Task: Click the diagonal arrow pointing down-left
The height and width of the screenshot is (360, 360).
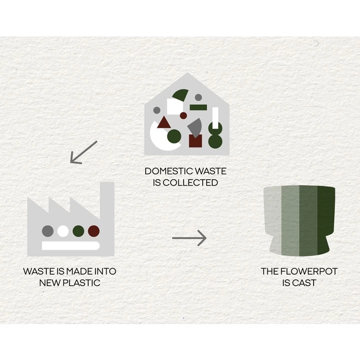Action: [83, 153]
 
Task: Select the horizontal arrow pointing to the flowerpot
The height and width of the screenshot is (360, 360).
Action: [189, 238]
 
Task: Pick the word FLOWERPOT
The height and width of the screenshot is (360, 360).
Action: [307, 272]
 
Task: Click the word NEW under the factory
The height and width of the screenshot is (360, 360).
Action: [48, 283]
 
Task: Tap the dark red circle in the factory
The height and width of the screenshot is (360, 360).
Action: [94, 231]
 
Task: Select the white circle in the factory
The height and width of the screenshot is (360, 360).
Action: [63, 231]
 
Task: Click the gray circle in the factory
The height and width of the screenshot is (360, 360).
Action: [47, 231]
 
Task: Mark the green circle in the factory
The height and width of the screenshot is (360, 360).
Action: [78, 231]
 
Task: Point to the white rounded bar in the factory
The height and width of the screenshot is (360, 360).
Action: [70, 246]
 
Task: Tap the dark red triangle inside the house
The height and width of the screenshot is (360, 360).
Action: [164, 122]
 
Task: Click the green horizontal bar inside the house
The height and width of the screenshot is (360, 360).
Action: [198, 107]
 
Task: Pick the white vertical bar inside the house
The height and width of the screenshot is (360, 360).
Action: [215, 117]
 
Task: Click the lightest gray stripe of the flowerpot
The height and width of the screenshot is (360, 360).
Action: [273, 217]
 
